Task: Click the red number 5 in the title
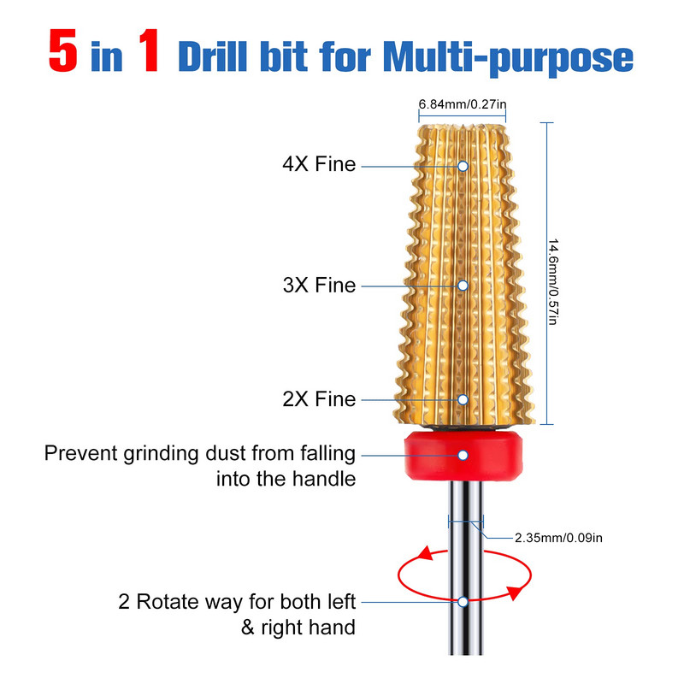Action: [x=63, y=50]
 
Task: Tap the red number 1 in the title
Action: [x=149, y=50]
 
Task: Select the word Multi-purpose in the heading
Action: [x=508, y=57]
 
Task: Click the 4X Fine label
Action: [x=319, y=164]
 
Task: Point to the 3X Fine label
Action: [x=319, y=286]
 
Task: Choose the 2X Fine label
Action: [x=319, y=399]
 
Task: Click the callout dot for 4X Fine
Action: [x=463, y=166]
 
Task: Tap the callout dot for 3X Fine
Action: [x=463, y=286]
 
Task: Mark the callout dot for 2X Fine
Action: [x=463, y=399]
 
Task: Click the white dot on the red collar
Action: [x=463, y=456]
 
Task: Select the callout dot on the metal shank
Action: [x=463, y=602]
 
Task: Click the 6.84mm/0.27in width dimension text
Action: [x=463, y=104]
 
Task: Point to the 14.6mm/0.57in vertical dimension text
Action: [x=553, y=282]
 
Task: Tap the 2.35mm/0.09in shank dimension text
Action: [x=558, y=538]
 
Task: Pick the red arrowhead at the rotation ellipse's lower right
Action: [x=515, y=593]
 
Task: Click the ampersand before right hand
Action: [x=248, y=628]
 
